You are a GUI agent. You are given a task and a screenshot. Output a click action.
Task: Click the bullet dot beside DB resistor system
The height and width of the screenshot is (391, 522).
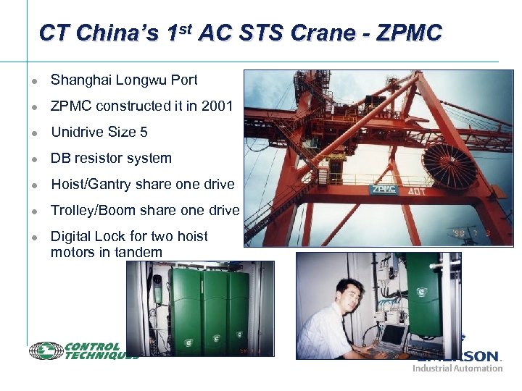pyautogui.click(x=33, y=159)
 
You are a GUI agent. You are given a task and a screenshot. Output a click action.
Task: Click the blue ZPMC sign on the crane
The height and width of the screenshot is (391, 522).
pyautogui.click(x=383, y=190)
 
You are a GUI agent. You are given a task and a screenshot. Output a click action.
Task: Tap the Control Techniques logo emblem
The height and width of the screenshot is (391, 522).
pyautogui.click(x=46, y=351)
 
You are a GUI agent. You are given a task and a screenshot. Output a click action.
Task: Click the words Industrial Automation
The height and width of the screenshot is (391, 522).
pyautogui.click(x=457, y=368)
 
